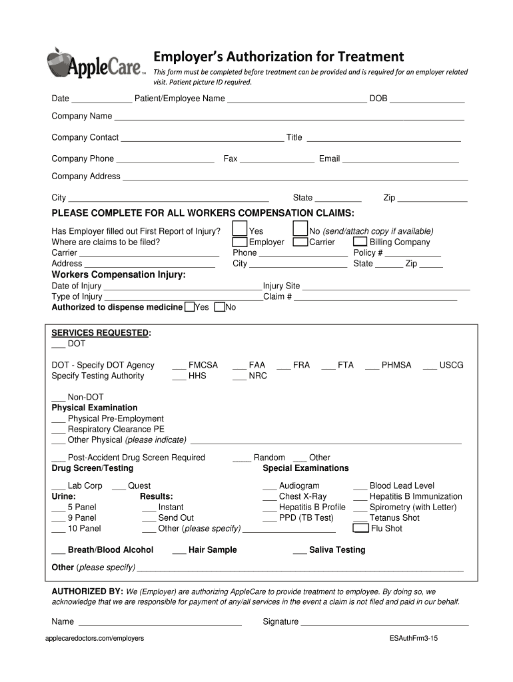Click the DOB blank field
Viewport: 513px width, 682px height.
coord(426,99)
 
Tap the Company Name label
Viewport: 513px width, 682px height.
coord(82,116)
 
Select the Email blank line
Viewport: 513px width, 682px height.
coord(400,159)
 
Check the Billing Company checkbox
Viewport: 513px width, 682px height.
coord(360,242)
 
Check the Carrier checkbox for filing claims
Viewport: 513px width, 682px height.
coord(300,242)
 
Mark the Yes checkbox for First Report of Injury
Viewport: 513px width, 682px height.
coord(239,229)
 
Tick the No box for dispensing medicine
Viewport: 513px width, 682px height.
coord(219,307)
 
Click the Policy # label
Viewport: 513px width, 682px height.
coord(368,252)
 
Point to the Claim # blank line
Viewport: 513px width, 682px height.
coord(375,296)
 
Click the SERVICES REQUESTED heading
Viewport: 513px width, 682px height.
coord(101,333)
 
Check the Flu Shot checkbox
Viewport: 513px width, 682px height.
coord(360,528)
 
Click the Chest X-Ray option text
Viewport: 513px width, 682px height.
coord(303,496)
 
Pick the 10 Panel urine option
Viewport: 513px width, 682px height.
coord(77,528)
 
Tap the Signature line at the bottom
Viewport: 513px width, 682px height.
coord(385,621)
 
